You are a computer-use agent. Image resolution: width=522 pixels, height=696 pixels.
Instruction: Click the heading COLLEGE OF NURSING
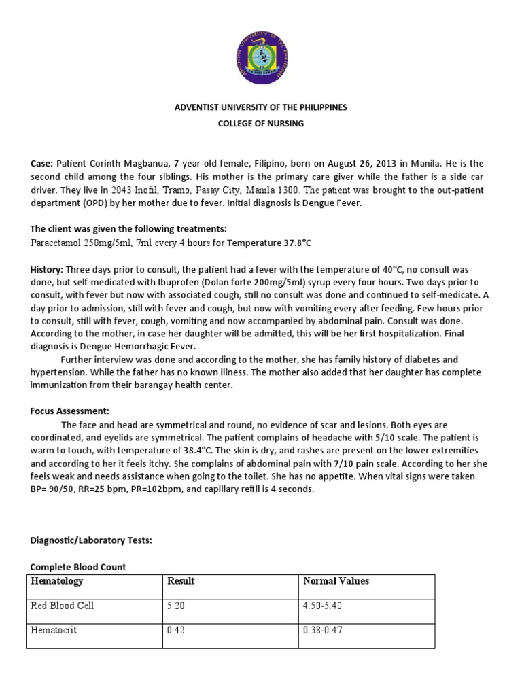point(261,123)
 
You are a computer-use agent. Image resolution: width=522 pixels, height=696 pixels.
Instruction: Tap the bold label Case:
point(41,164)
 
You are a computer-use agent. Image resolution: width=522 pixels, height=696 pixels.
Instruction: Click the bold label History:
point(47,270)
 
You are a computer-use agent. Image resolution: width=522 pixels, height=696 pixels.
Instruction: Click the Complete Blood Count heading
point(78,566)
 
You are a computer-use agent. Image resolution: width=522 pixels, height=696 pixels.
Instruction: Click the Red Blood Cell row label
point(63,606)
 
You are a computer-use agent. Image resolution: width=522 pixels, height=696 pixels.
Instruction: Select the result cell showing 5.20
point(176,606)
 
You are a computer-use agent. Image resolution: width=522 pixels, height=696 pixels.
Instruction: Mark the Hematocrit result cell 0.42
point(176,630)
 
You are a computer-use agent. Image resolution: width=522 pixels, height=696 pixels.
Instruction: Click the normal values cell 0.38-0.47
point(324,630)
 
